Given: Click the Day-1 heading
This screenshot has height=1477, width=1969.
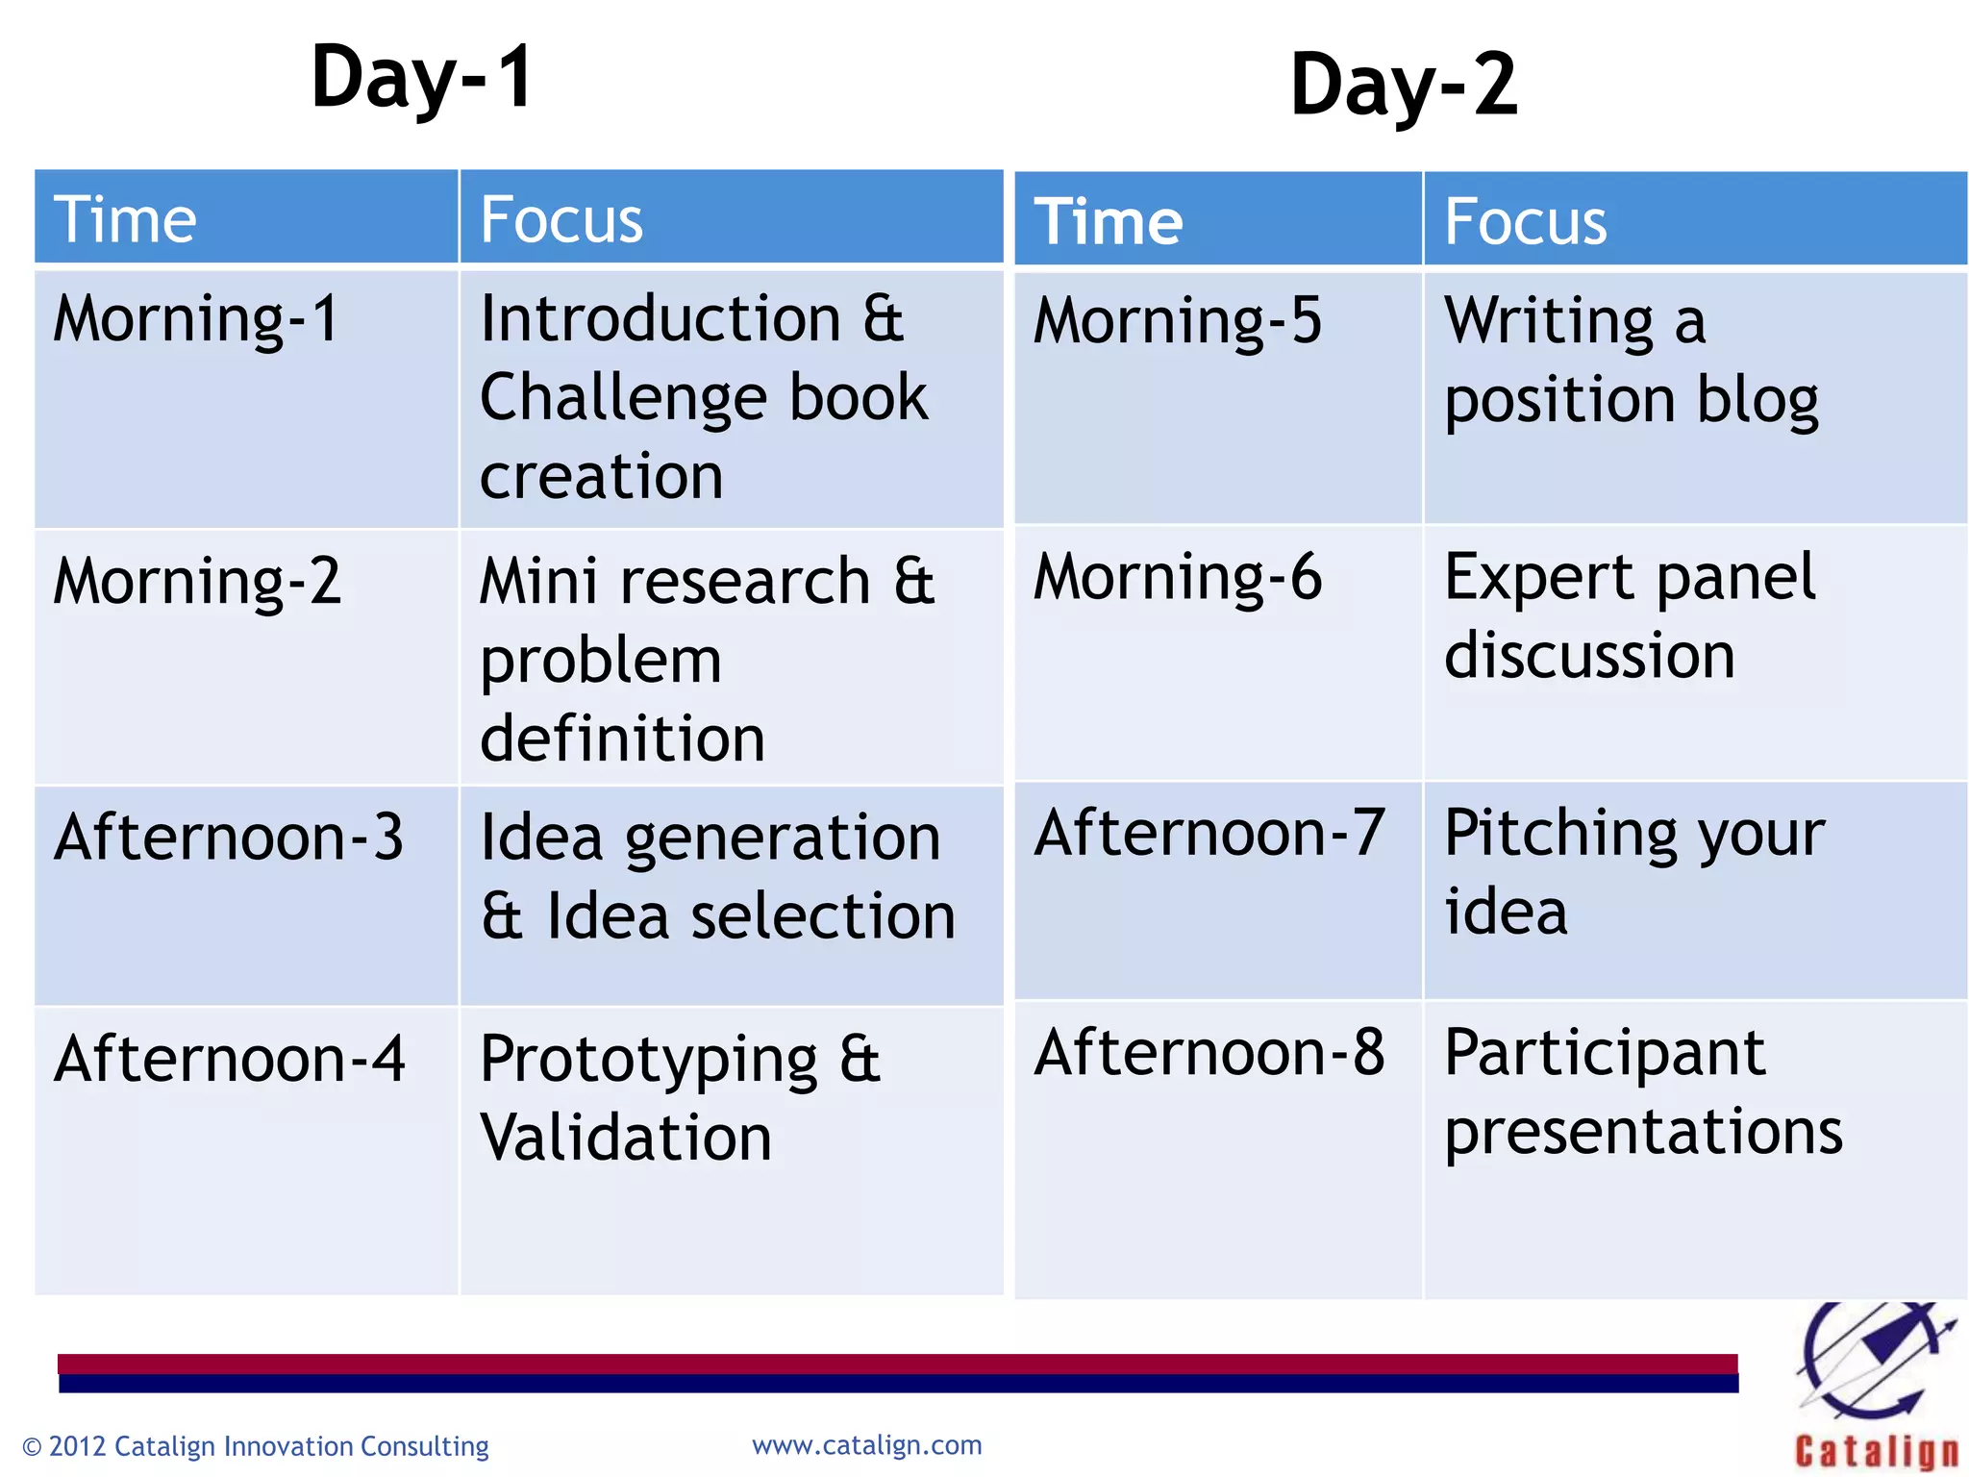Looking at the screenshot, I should coord(422,79).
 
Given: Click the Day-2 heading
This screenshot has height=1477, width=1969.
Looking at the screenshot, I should coord(1403,87).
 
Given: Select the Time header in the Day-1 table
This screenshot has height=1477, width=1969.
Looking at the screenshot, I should coord(125,219).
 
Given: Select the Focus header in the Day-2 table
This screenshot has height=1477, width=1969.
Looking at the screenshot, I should coord(1525,221).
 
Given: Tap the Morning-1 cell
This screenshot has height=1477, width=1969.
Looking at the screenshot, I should coord(196,319).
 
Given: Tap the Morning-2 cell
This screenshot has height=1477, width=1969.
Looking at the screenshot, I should coord(197,582).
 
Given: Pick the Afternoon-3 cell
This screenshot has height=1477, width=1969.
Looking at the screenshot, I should coord(229,837).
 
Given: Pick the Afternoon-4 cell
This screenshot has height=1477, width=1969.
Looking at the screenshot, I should coord(230,1059).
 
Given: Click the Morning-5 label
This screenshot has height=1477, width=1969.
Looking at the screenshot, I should coord(1178,321).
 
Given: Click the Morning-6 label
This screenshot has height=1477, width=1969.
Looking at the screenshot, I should coord(1178,577).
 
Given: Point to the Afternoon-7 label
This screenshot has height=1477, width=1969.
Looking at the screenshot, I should coord(1209,833).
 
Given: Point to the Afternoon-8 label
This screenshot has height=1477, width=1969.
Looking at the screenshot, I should coord(1209,1052).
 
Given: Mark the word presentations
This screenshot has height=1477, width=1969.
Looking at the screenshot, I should coord(1643,1133).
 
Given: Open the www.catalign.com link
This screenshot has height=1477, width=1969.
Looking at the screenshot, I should coord(866,1445).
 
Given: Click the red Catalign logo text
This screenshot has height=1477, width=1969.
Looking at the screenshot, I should coord(1876,1451).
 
